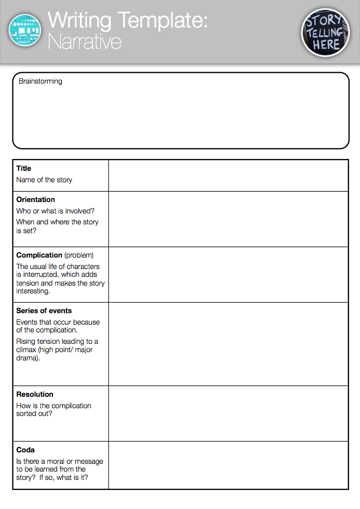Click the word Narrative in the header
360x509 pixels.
(x=84, y=41)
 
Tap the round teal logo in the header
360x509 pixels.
(x=24, y=30)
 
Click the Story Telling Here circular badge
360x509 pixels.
(x=326, y=32)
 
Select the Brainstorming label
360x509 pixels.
(x=40, y=81)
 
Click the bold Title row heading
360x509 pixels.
(x=24, y=168)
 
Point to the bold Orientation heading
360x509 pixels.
(x=35, y=199)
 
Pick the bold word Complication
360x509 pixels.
(x=39, y=255)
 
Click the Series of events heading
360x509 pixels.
(x=44, y=311)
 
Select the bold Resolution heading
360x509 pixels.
(x=35, y=394)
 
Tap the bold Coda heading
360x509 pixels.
(x=25, y=450)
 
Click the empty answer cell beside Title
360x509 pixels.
(x=228, y=176)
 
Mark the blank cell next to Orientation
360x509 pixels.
(x=228, y=219)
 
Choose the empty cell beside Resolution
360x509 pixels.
(x=228, y=413)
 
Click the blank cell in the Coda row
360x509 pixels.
(x=228, y=465)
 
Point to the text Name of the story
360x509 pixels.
(x=44, y=180)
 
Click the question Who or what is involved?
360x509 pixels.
(x=55, y=211)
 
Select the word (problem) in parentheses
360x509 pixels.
(x=79, y=255)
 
